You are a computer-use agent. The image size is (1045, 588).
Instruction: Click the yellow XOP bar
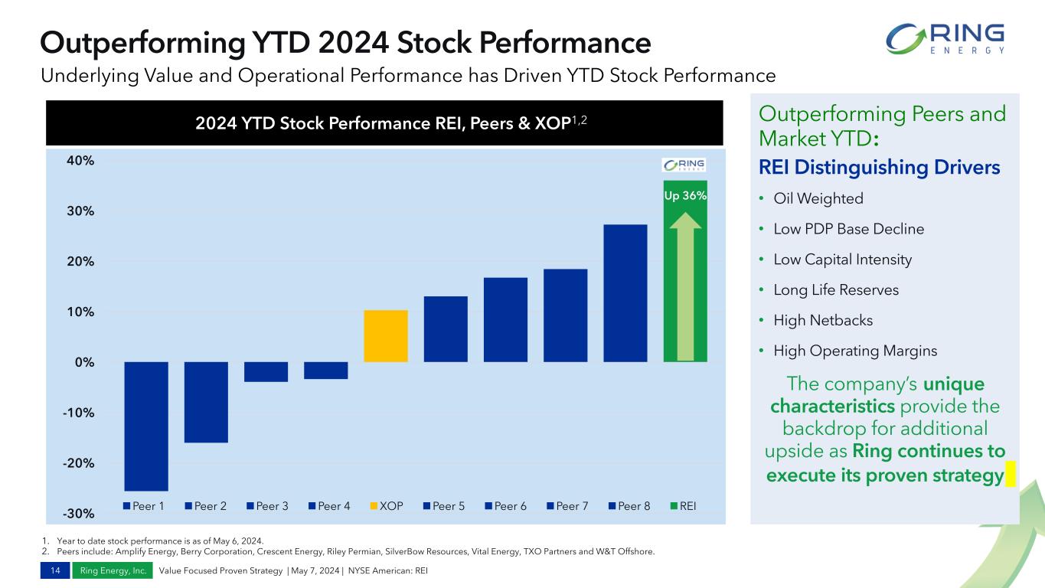386,336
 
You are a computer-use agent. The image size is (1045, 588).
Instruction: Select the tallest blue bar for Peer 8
625,293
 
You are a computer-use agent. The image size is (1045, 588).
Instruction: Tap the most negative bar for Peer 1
146,426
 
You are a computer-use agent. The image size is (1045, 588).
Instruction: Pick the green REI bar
684,271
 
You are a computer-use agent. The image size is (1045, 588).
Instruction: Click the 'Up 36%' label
685,196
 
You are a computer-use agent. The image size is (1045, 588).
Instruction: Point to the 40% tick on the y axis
80,161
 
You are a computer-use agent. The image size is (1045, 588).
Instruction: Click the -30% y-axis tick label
80,513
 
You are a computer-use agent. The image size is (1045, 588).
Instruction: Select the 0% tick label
84,362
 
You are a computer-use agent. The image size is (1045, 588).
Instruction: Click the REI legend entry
684,506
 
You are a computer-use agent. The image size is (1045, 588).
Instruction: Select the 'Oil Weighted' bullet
818,198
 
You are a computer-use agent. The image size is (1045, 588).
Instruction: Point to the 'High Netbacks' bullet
822,320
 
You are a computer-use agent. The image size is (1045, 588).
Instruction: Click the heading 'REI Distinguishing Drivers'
879,167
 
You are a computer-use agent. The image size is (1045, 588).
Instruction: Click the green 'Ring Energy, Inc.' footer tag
113,570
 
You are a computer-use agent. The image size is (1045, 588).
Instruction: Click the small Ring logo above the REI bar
684,165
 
